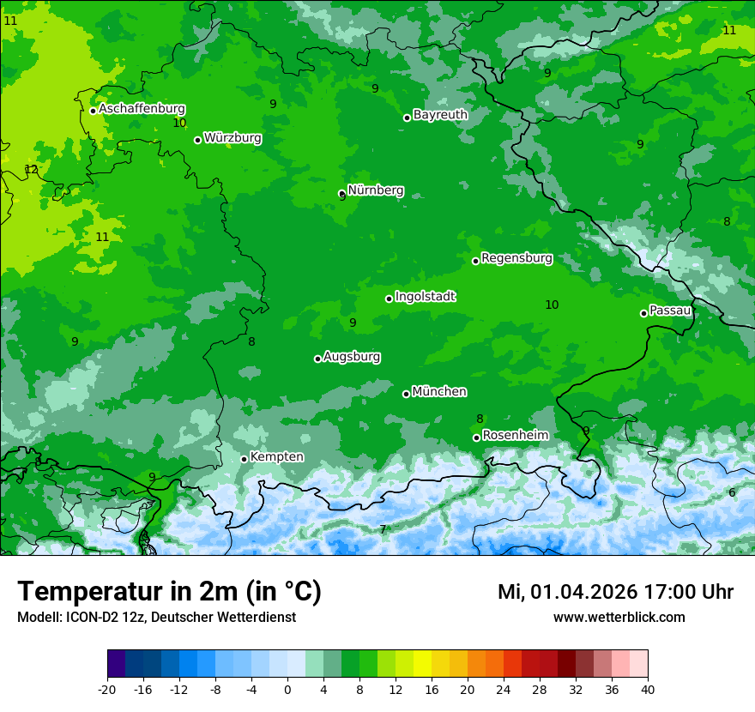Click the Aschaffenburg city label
[x=142, y=109]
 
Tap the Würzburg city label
[x=233, y=138]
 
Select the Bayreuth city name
[x=440, y=115]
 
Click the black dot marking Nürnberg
[x=341, y=194]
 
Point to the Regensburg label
[x=516, y=258]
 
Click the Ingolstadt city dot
[x=389, y=299]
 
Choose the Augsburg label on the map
[x=352, y=357]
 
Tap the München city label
[x=439, y=392]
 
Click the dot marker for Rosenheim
[x=476, y=438]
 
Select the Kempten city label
[x=276, y=457]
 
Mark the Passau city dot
[x=643, y=313]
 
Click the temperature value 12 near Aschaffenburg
[x=31, y=170]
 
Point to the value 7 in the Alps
[x=383, y=529]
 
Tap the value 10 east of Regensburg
[x=552, y=305]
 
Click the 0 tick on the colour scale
[x=287, y=690]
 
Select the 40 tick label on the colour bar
[x=648, y=690]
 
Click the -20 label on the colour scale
[x=106, y=690]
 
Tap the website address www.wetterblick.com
[x=619, y=618]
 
